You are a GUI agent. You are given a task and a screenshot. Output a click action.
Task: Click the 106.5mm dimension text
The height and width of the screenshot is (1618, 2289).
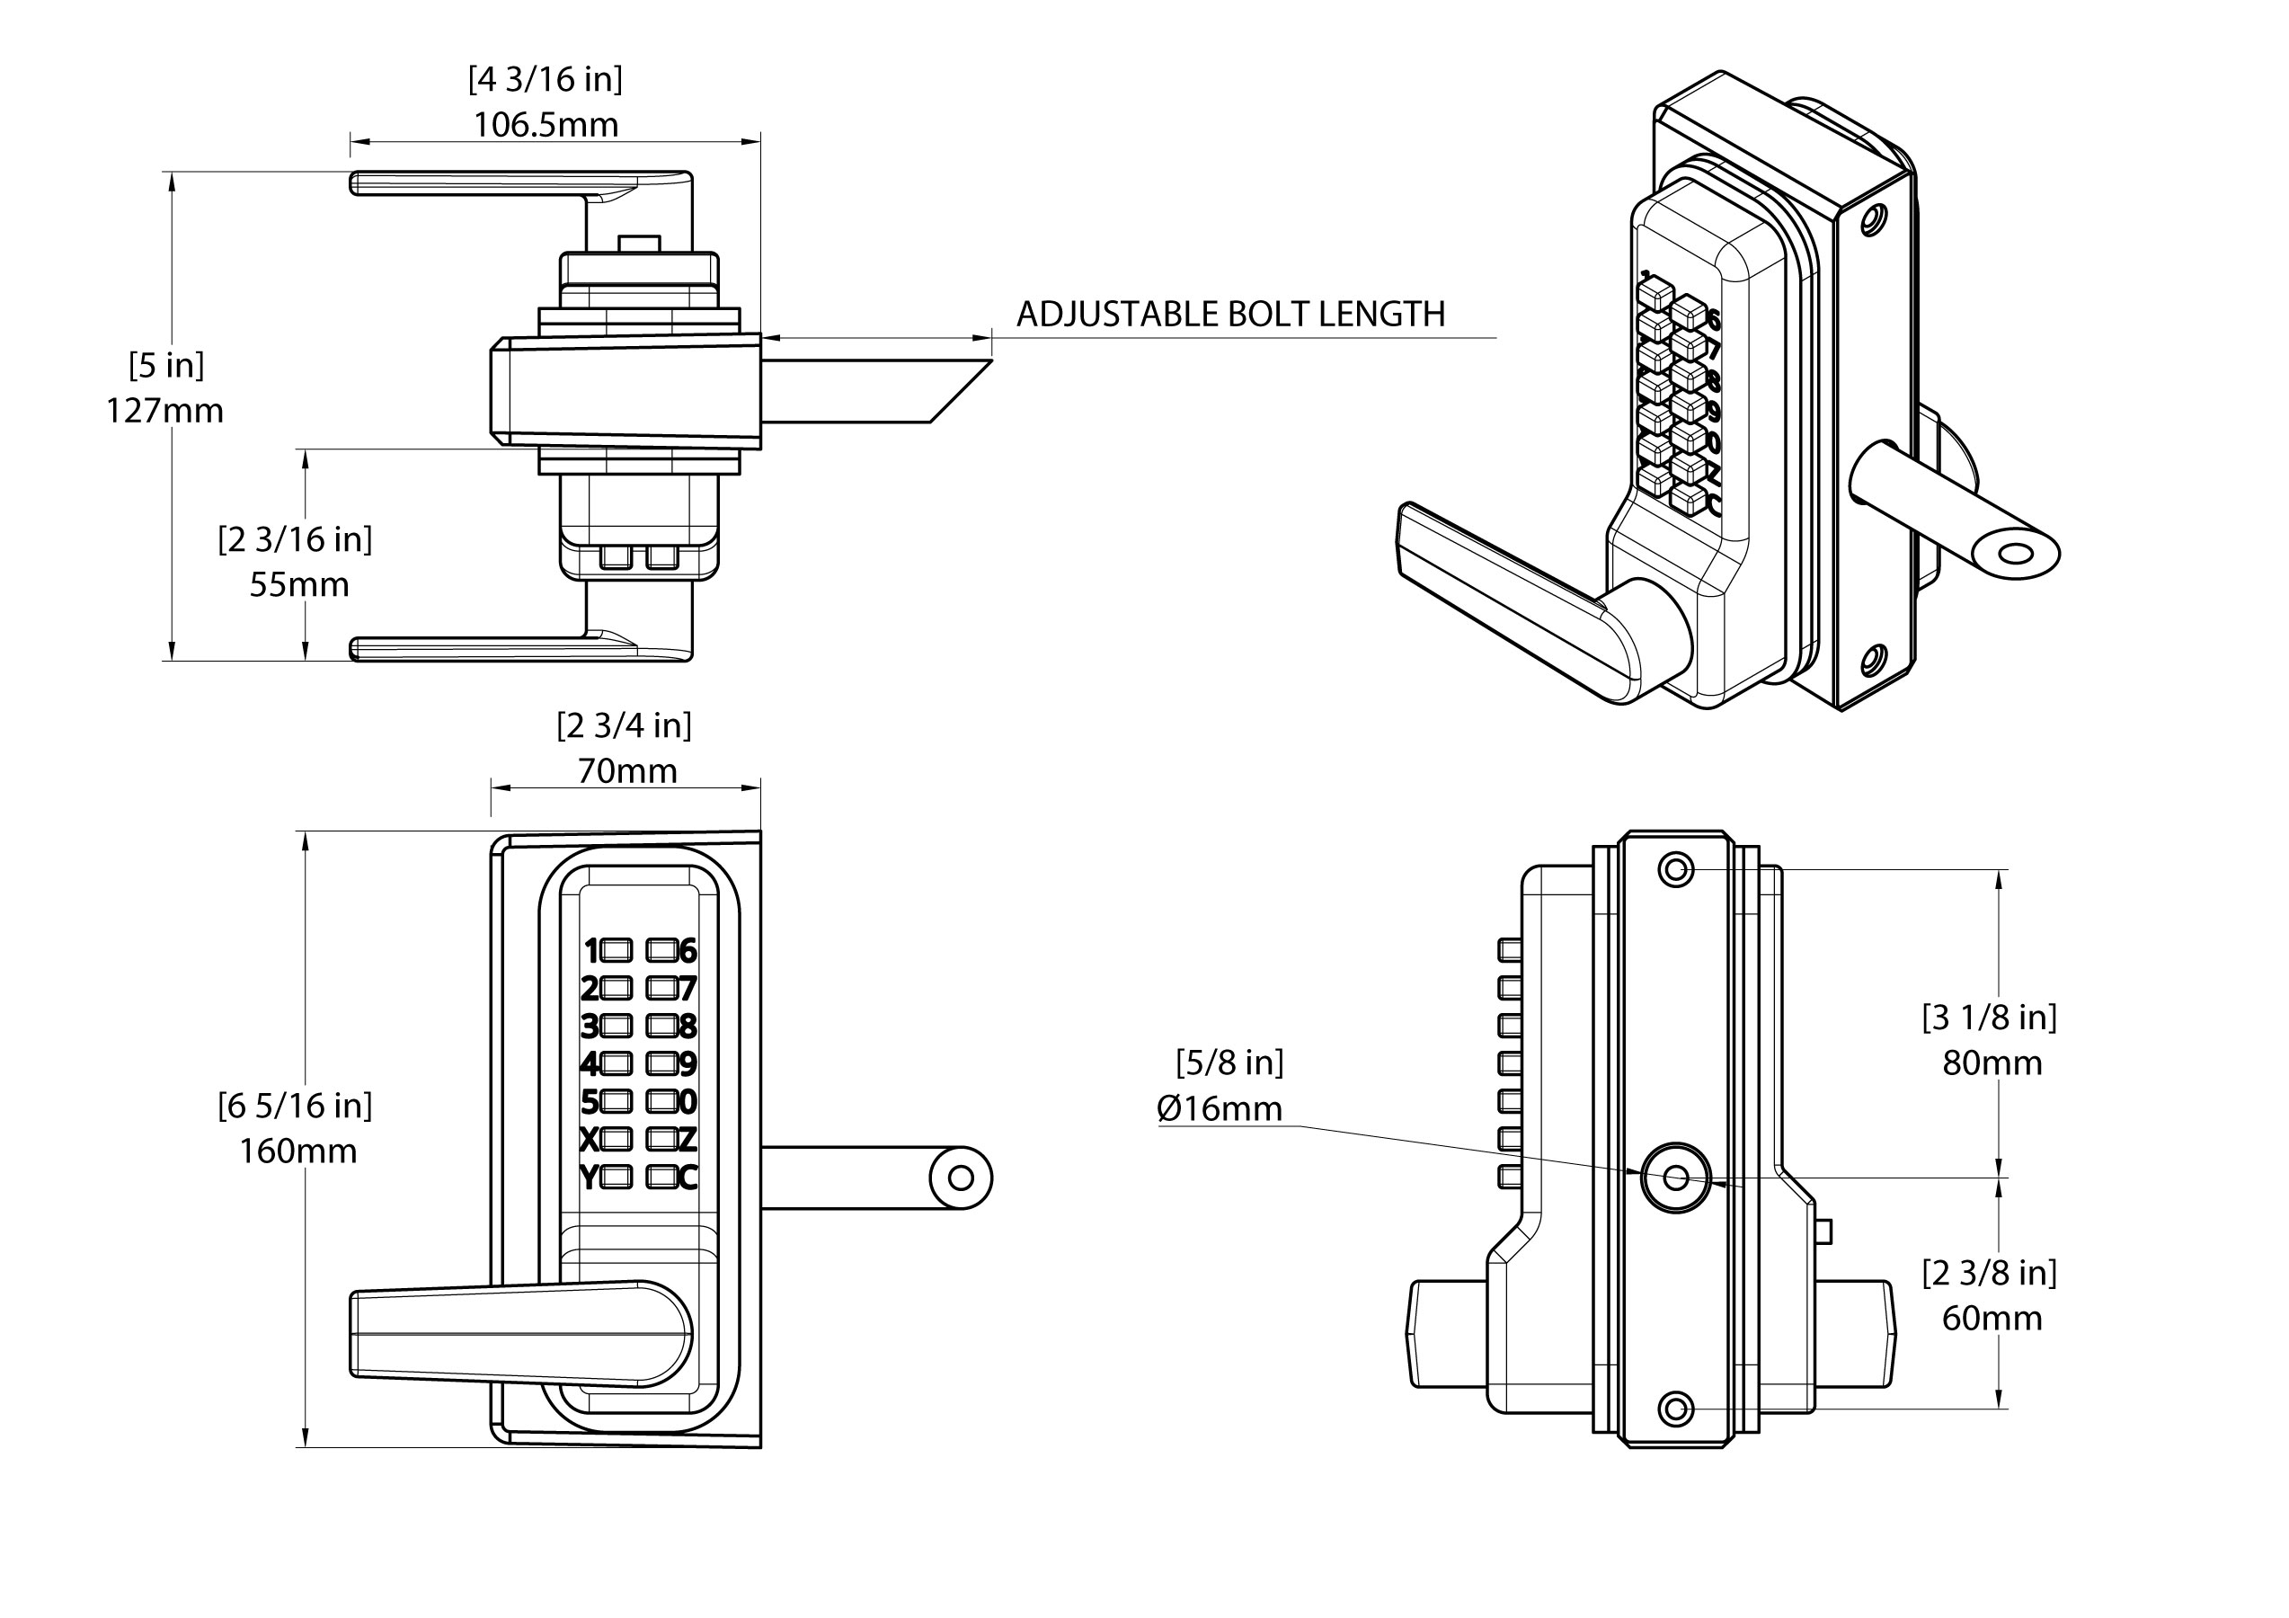pos(546,125)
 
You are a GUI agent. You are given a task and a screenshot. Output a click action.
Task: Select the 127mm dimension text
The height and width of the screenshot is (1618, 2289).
pos(164,411)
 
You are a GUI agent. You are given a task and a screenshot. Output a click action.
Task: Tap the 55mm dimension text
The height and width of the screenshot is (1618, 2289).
pos(299,584)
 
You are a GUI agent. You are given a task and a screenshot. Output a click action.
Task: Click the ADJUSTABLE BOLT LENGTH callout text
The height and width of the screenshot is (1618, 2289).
pos(1230,314)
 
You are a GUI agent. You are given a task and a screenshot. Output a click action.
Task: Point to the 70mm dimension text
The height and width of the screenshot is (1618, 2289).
pos(627,771)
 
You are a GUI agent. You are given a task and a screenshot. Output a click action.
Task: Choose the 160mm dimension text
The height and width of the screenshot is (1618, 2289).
pos(297,1151)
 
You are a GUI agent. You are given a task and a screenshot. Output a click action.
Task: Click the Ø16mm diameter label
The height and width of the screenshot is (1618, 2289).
pos(1220,1108)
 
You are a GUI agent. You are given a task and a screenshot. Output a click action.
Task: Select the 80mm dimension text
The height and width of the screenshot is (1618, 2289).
pos(1992,1063)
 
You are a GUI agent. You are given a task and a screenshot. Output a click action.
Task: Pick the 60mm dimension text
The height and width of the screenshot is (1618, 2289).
pos(1992,1319)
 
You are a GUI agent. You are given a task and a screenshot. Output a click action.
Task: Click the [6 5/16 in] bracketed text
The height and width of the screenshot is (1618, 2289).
pos(295,1106)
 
